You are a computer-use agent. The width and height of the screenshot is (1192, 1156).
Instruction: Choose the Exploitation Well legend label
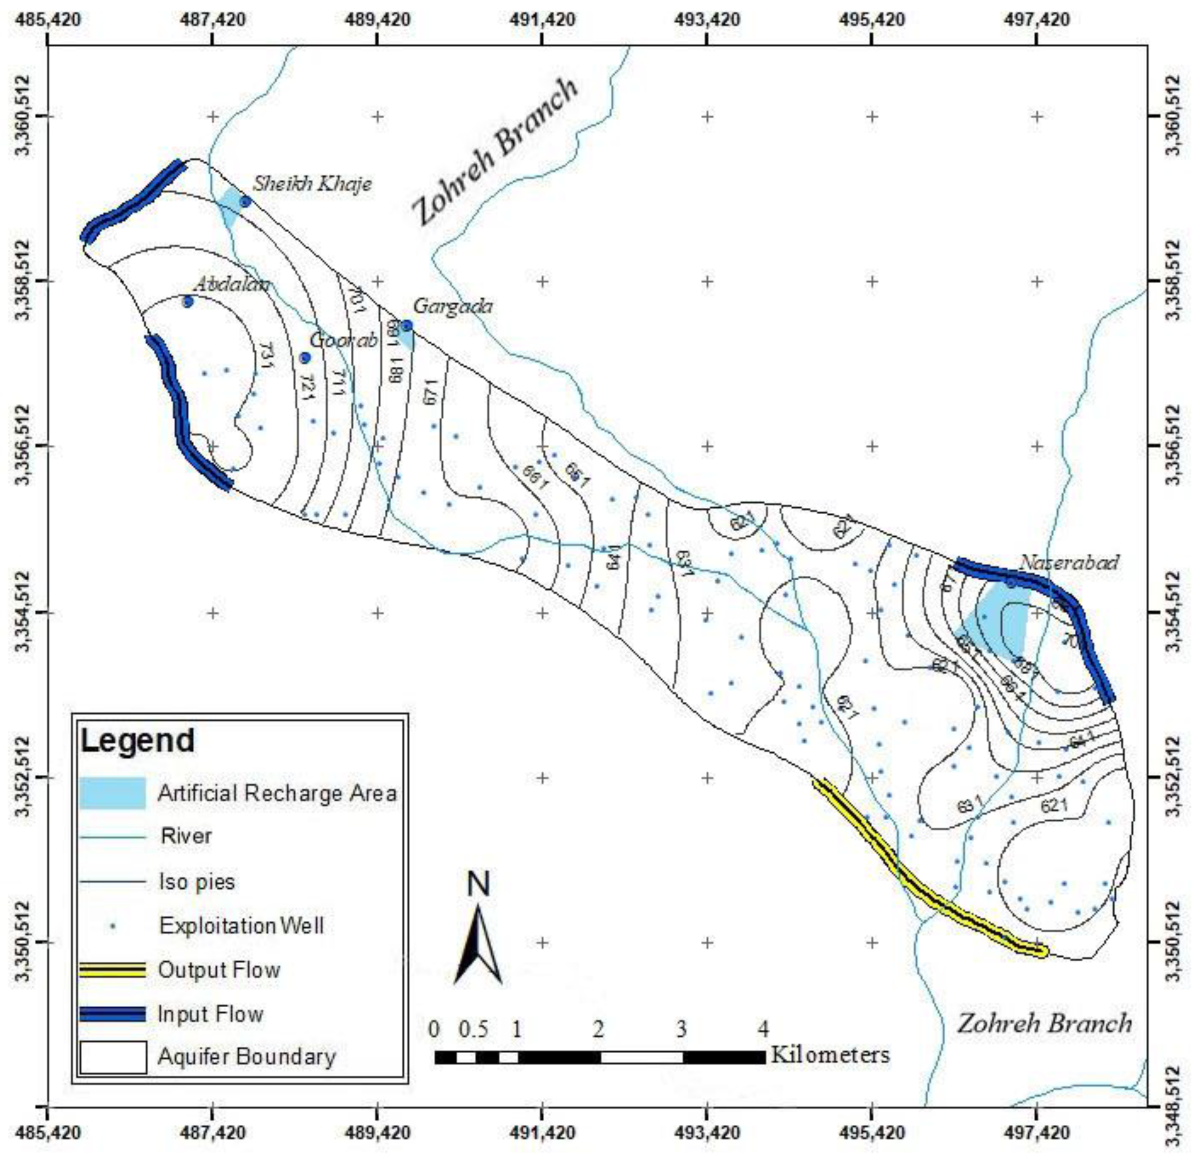tap(242, 926)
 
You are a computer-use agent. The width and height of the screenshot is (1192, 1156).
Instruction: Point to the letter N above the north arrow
tap(479, 885)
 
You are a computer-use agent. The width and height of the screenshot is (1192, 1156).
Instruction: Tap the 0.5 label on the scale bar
tap(473, 1030)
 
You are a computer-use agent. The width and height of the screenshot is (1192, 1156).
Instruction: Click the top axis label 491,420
tap(542, 19)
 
